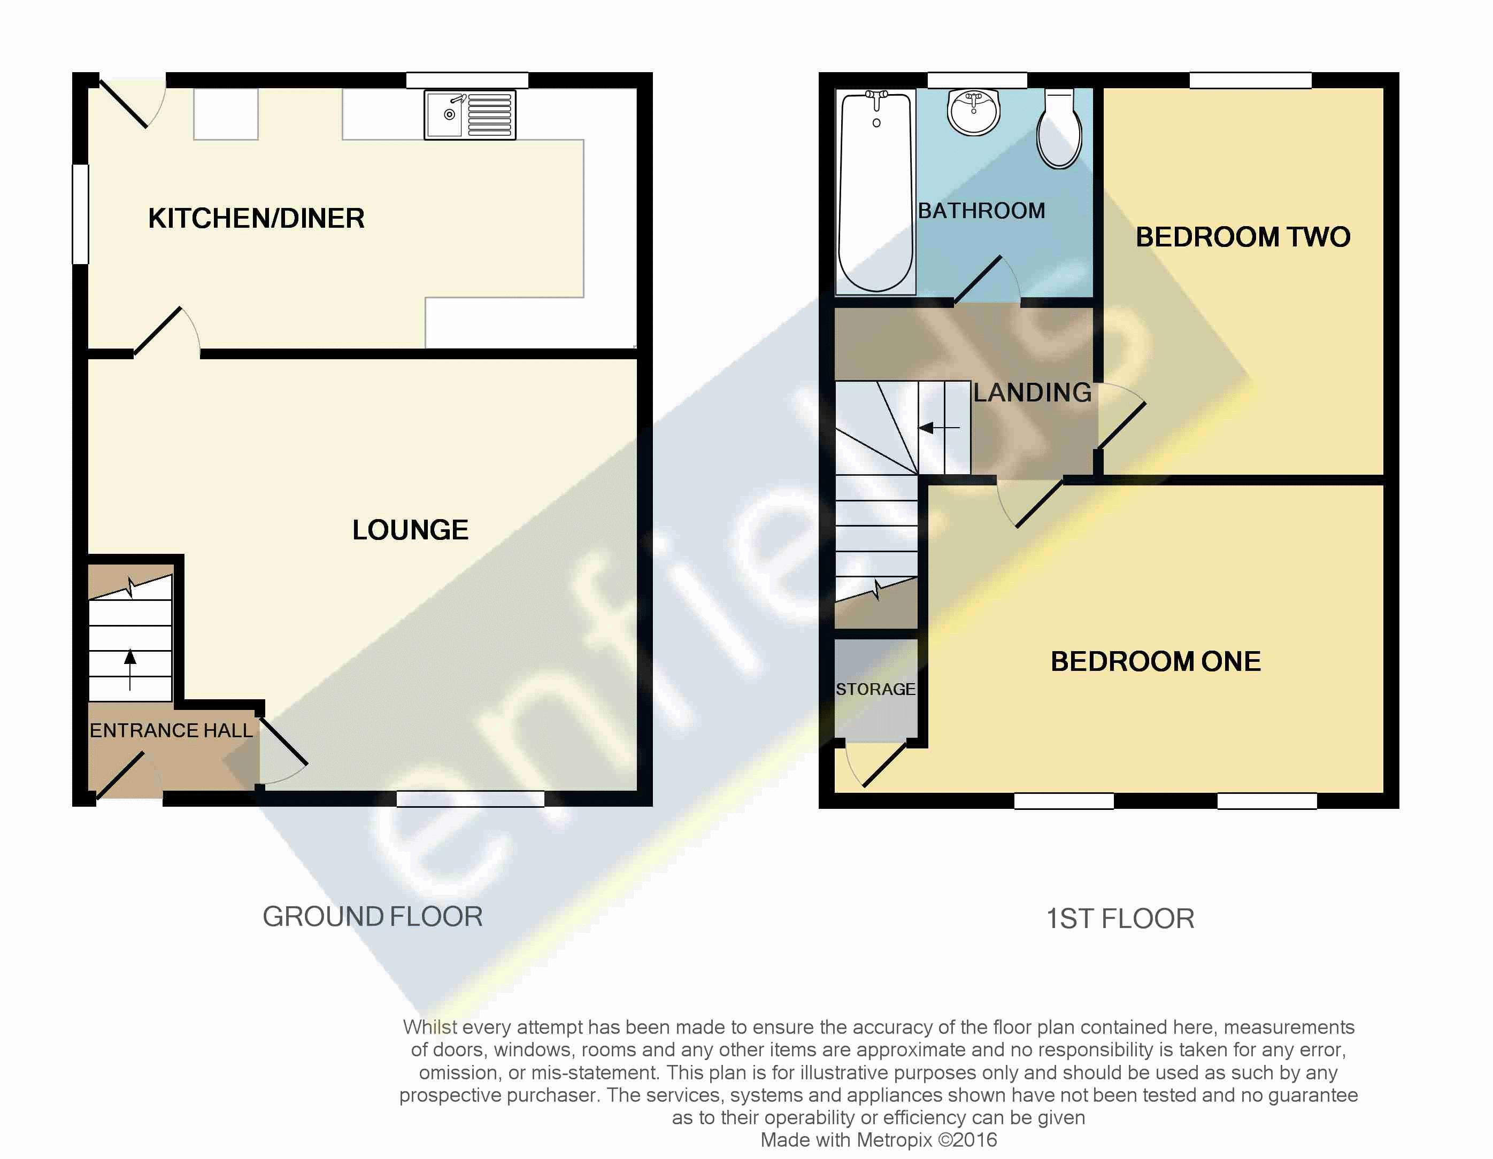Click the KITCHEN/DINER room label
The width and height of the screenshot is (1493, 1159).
tap(256, 219)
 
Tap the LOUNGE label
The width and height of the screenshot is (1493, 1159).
tap(410, 530)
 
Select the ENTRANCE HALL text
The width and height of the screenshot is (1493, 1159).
tap(171, 731)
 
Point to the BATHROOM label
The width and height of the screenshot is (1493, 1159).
tap(982, 211)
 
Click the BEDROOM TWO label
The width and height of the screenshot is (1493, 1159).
tap(1243, 237)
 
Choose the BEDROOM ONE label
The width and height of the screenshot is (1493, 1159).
tap(1155, 661)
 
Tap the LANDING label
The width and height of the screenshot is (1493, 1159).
tap(1032, 392)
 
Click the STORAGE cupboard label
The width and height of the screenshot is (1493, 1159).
tap(875, 689)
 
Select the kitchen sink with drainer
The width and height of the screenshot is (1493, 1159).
tap(470, 115)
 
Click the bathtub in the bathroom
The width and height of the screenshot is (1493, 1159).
tap(876, 192)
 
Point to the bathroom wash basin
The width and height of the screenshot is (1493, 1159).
tap(973, 112)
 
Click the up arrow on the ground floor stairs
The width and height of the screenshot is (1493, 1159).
tap(130, 670)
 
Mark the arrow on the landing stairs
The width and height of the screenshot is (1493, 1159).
tap(938, 428)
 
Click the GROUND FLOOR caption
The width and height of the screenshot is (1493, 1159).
tap(373, 916)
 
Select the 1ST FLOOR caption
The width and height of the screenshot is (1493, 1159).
tap(1120, 918)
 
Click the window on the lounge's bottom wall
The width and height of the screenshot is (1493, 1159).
tap(471, 798)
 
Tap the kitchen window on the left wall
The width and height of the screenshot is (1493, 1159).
tap(81, 214)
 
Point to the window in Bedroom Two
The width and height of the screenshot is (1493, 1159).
tap(1250, 80)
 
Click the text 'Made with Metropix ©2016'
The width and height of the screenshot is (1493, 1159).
tap(879, 1140)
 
